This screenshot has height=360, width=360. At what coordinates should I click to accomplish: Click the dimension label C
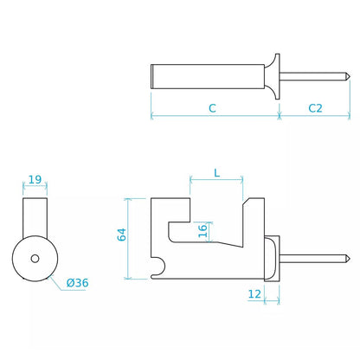tap(212, 108)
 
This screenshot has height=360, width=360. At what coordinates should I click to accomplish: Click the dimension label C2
tap(315, 108)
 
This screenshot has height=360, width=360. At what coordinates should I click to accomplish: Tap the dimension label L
tap(216, 173)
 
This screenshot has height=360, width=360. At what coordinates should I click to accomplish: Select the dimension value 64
tap(122, 235)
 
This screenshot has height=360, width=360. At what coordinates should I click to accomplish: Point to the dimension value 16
tap(202, 230)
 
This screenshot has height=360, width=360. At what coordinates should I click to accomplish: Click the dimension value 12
tap(254, 294)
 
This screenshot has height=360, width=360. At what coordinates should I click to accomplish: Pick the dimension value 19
tap(35, 180)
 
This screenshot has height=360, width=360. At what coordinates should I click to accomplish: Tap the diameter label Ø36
tap(77, 283)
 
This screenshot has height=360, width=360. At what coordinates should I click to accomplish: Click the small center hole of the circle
tap(35, 259)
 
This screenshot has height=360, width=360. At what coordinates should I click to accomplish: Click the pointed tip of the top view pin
tap(350, 76)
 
